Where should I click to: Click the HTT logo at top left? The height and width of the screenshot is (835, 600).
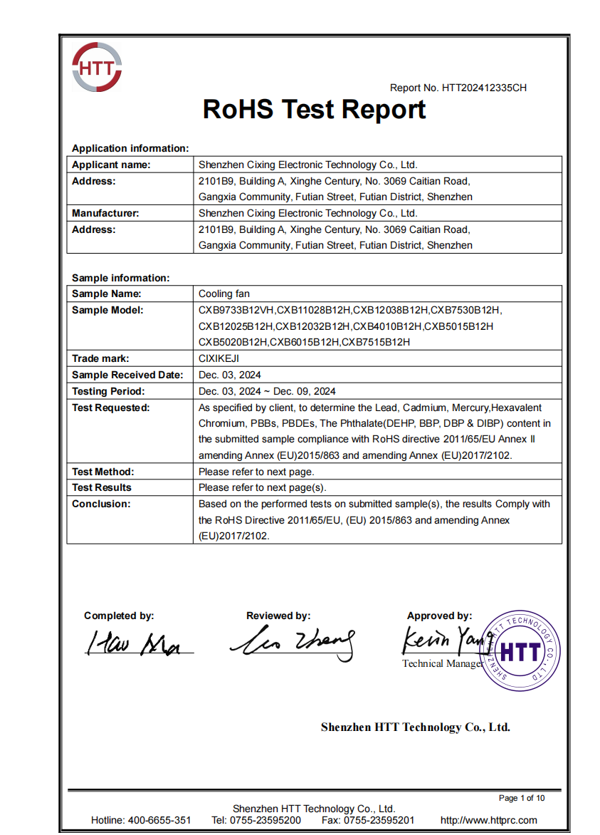point(97,67)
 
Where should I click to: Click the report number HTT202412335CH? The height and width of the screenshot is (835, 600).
point(484,88)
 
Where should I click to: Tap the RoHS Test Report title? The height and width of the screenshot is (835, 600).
point(314,110)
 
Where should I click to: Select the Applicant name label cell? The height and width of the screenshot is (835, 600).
point(111,165)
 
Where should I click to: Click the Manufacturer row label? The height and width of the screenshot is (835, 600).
point(105,213)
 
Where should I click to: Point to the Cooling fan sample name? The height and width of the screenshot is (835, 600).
point(224,294)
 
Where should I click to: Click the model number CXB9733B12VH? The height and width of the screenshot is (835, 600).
point(236,310)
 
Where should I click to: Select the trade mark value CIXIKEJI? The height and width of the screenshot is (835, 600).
point(219,358)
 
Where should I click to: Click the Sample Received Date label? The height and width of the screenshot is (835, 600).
point(127,375)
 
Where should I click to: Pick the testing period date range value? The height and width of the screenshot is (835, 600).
point(268,391)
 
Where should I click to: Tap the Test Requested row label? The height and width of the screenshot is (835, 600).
point(110,408)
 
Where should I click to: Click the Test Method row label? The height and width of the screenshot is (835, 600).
point(103,472)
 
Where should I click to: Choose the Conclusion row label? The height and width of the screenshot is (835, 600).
point(101,504)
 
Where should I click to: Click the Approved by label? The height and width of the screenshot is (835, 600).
point(439,616)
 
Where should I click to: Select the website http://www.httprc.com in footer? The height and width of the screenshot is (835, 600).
point(488,820)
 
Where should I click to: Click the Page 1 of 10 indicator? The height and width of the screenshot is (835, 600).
point(522,798)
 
